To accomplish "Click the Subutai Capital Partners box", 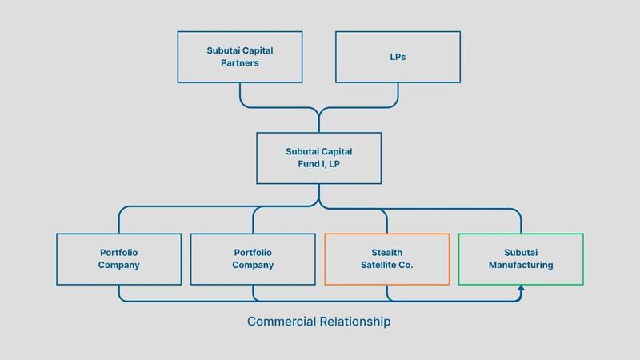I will point(240,56).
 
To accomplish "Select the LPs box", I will point(398,56).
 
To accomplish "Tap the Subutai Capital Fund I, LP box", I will point(319,158).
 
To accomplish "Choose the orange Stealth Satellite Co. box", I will point(387,258).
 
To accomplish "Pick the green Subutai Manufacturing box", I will point(521,258).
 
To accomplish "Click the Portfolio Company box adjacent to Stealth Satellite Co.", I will point(253,258).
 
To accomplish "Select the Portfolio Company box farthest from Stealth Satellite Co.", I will point(119,258).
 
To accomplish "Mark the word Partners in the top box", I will point(240,63).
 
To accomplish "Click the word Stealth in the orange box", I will point(387,251).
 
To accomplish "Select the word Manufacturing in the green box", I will point(521,266).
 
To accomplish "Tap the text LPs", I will point(398,56).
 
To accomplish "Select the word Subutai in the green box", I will point(521,251).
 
